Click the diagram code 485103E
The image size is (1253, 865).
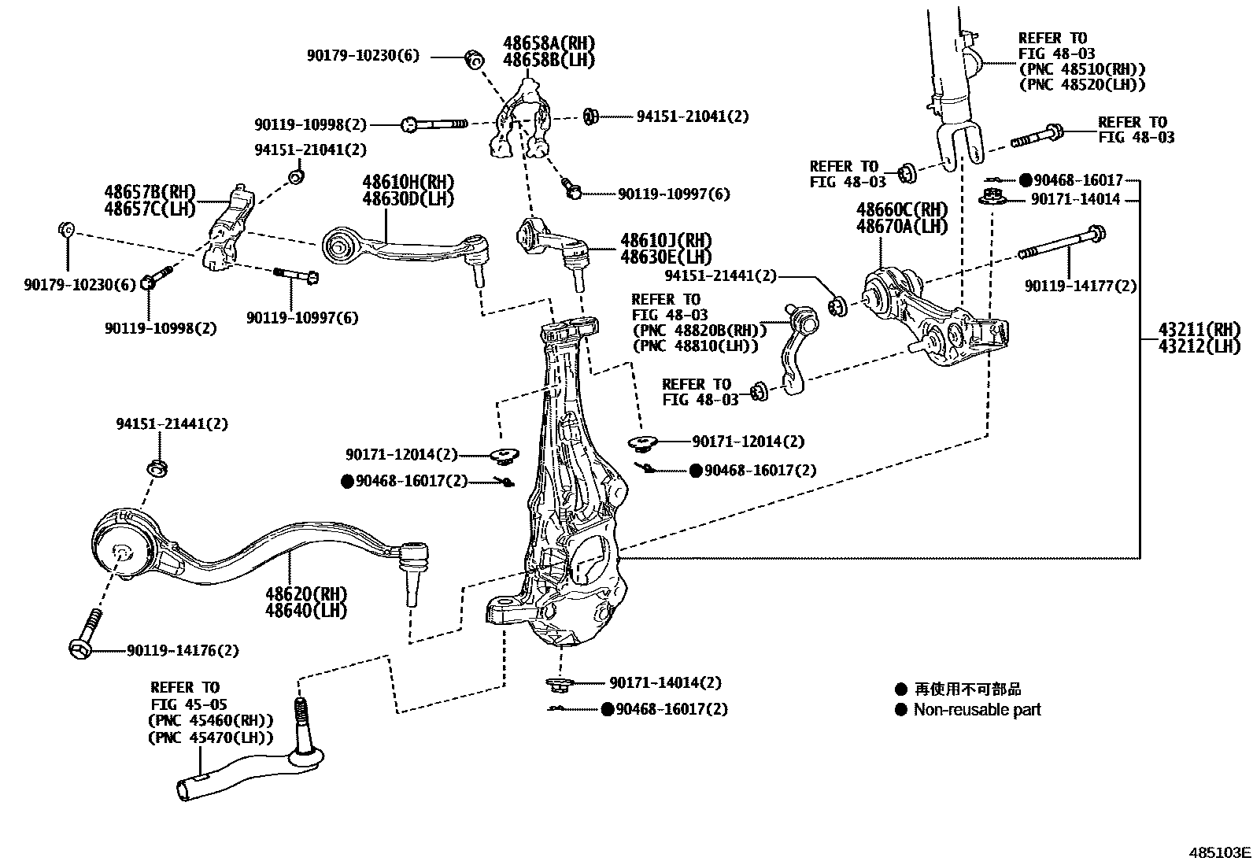point(1219,852)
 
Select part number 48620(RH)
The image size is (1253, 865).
point(306,593)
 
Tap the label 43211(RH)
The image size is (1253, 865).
point(1198,329)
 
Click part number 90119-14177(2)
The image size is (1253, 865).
point(1080,286)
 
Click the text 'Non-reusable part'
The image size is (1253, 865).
point(977,710)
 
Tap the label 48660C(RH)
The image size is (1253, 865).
point(902,210)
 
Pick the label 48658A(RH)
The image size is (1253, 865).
point(549,43)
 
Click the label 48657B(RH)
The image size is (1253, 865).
point(150,192)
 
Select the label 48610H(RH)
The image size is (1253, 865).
point(408,182)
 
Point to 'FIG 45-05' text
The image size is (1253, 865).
point(185,704)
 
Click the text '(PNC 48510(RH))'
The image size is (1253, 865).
point(1082,69)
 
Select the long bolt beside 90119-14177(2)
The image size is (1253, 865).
point(1063,243)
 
